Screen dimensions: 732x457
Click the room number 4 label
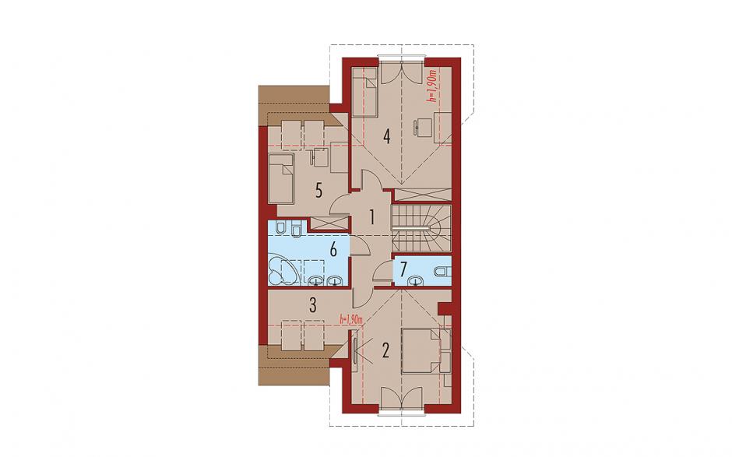(386, 136)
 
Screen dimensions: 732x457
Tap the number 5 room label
(318, 191)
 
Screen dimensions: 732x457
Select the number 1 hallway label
(372, 217)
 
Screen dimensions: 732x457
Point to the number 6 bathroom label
(333, 250)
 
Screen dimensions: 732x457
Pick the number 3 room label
(313, 306)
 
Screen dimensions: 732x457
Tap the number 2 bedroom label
(385, 350)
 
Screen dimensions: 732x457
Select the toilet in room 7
(442, 270)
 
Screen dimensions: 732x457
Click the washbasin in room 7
(416, 280)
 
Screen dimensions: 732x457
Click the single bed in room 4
(364, 91)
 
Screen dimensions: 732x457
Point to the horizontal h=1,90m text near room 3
(352, 319)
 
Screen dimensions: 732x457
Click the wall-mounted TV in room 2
(355, 346)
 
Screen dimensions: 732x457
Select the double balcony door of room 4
(402, 72)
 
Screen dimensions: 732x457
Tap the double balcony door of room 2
(402, 399)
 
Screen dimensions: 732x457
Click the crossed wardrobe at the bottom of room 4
(424, 195)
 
